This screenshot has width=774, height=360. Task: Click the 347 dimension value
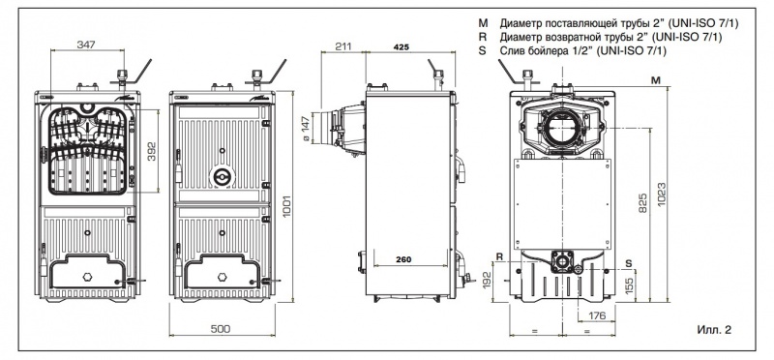pyautogui.click(x=86, y=45)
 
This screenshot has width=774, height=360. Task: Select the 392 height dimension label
pyautogui.click(x=151, y=151)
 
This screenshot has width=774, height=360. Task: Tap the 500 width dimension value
pyautogui.click(x=221, y=329)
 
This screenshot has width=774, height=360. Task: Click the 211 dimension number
pyautogui.click(x=343, y=46)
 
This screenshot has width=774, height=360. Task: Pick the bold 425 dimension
pyautogui.click(x=402, y=46)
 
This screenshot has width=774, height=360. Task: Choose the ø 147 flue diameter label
pyautogui.click(x=305, y=129)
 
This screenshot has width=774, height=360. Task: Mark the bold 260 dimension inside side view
pyautogui.click(x=403, y=259)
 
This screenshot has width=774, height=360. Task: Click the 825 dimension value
pyautogui.click(x=642, y=203)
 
